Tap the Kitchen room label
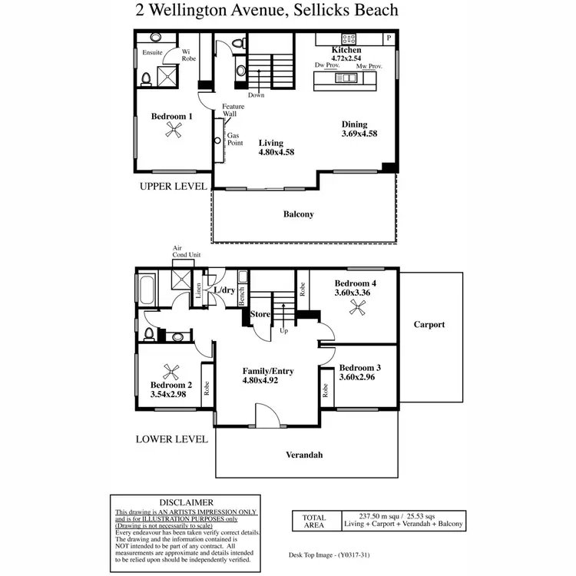pyautogui.click(x=346, y=49)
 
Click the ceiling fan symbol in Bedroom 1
pyautogui.click(x=174, y=131)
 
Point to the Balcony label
pyautogui.click(x=299, y=214)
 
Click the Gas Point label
pyautogui.click(x=234, y=139)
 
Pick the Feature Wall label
pyautogui.click(x=233, y=111)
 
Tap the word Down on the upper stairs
pyautogui.click(x=257, y=95)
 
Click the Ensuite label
pyautogui.click(x=152, y=54)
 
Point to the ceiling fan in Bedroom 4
pyautogui.click(x=356, y=307)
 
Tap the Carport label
pyautogui.click(x=429, y=324)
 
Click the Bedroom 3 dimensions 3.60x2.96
pyautogui.click(x=358, y=376)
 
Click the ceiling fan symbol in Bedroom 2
pyautogui.click(x=172, y=369)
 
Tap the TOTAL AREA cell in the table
pyautogui.click(x=314, y=522)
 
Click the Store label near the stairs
pyautogui.click(x=261, y=313)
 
